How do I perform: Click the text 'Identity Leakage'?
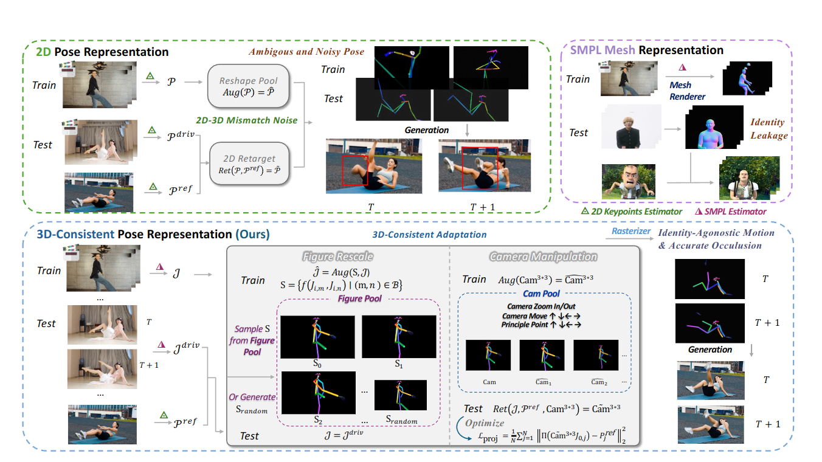[768, 129]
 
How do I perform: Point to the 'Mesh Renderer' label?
[688, 91]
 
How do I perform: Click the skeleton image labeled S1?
[399, 336]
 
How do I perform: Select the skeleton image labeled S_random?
[401, 395]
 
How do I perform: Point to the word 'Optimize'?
[484, 422]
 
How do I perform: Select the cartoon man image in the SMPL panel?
[629, 181]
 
